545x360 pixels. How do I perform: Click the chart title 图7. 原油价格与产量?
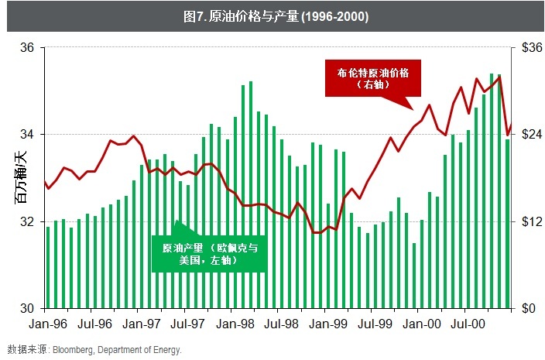click(272, 16)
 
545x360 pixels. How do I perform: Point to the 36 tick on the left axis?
click(27, 48)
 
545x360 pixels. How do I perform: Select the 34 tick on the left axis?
click(27, 135)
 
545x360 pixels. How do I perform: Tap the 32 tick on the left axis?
click(27, 222)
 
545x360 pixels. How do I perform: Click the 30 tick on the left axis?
click(27, 309)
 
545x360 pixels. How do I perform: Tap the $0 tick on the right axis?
click(526, 309)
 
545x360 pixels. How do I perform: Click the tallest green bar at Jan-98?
click(251, 194)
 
